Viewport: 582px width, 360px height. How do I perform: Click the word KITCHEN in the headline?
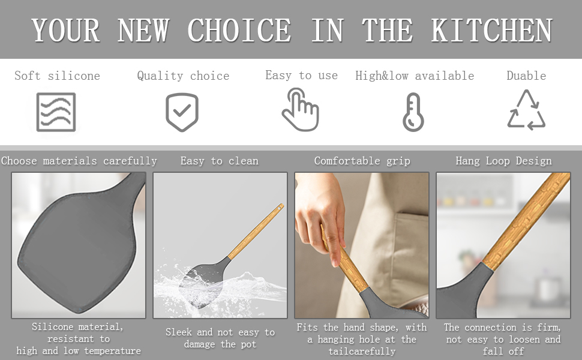(491, 31)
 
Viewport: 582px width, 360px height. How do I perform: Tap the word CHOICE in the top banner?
(239, 31)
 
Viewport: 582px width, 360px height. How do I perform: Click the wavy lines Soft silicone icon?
(56, 112)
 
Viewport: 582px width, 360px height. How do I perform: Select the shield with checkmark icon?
(182, 112)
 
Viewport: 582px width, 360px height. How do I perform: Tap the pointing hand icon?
(300, 110)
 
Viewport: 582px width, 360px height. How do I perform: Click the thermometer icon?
(413, 112)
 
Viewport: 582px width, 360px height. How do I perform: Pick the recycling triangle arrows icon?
(526, 110)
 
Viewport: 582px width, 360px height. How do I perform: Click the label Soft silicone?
(57, 76)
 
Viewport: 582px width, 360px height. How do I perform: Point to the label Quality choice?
(183, 76)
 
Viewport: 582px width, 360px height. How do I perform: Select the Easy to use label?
(301, 75)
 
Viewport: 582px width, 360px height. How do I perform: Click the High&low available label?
(415, 76)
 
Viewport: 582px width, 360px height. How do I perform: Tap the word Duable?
(526, 76)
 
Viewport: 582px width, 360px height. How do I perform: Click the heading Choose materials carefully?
(79, 161)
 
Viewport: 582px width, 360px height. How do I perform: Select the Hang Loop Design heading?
(503, 161)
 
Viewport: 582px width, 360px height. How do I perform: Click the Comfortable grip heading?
(362, 161)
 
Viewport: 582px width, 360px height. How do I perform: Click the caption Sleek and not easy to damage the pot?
(220, 338)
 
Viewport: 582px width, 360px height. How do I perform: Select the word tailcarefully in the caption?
(362, 351)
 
